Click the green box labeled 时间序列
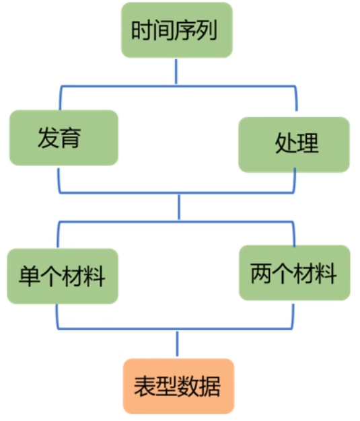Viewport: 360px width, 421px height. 176,30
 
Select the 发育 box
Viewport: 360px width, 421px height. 64,138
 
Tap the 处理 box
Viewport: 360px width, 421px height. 294,144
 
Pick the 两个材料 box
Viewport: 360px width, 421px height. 294,272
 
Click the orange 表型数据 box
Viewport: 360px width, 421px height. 178,386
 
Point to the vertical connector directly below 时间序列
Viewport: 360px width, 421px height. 176,71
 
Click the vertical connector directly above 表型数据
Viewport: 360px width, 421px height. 178,344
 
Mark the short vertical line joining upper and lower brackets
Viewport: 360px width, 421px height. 179,207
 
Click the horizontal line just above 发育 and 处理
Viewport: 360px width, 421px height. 178,85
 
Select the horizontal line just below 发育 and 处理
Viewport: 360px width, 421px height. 178,194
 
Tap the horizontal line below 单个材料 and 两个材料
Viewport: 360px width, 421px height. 178,329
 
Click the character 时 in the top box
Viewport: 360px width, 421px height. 141,31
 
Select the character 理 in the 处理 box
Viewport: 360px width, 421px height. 307,144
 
